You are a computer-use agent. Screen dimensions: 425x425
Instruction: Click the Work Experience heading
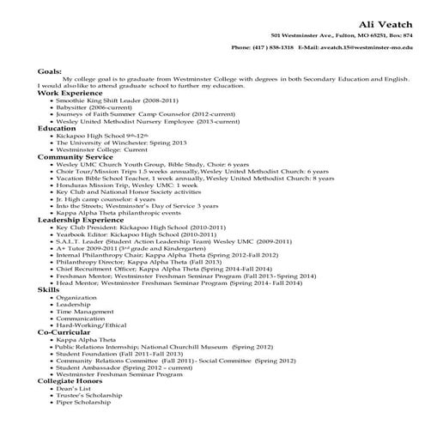coord(70,92)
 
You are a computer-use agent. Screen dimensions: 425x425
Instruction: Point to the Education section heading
coord(58,128)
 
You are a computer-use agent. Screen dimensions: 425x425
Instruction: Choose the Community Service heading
coord(76,157)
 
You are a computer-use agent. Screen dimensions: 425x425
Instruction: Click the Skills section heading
coord(48,291)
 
